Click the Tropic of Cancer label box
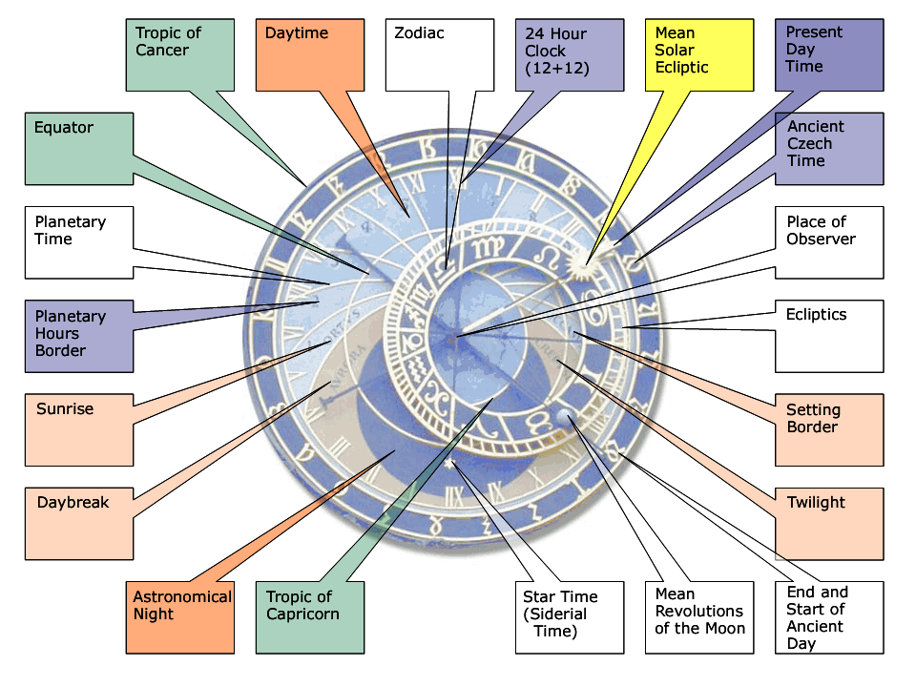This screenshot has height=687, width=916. (x=179, y=54)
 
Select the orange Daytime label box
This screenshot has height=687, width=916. (x=310, y=54)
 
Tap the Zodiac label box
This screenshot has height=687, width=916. (x=440, y=54)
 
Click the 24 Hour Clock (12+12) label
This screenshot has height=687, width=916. (x=570, y=54)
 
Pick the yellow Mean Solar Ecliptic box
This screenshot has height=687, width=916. (x=699, y=54)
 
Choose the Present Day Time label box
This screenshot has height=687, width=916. (x=829, y=54)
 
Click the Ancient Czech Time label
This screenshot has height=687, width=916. (x=829, y=148)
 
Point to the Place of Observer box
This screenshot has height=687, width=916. (x=829, y=242)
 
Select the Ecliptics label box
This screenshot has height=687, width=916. (x=829, y=336)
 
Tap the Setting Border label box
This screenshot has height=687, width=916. (x=829, y=429)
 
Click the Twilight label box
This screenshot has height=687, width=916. (x=829, y=523)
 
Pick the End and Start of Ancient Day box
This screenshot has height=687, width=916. (x=829, y=617)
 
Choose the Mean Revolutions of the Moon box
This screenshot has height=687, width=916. (x=699, y=617)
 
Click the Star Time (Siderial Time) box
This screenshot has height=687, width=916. (x=570, y=617)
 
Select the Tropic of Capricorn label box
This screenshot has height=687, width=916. (x=310, y=617)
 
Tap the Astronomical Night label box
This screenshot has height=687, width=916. (x=179, y=617)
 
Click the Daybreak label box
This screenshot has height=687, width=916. (x=79, y=523)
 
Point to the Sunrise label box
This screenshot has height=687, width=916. (x=79, y=429)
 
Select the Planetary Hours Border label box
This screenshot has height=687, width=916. (x=79, y=336)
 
